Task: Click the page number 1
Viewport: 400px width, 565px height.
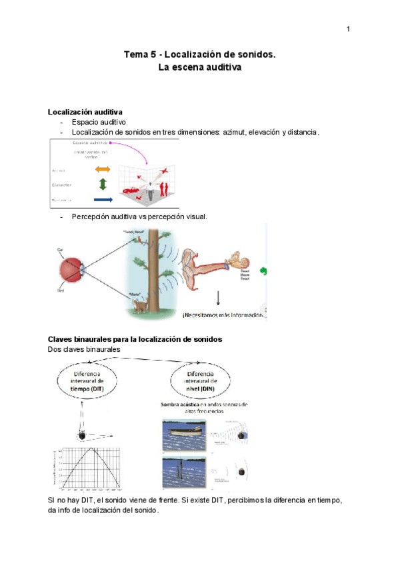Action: pyautogui.click(x=348, y=29)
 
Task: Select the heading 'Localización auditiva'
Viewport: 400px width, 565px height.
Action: pyautogui.click(x=84, y=111)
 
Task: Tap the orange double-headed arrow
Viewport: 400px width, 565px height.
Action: pyautogui.click(x=103, y=170)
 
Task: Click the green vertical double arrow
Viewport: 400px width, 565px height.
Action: pyautogui.click(x=102, y=185)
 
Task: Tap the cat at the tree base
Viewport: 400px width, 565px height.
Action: pyautogui.click(x=141, y=306)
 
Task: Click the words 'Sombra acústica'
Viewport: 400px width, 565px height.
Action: pyautogui.click(x=181, y=404)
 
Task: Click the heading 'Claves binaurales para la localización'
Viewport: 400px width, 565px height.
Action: pyautogui.click(x=135, y=339)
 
